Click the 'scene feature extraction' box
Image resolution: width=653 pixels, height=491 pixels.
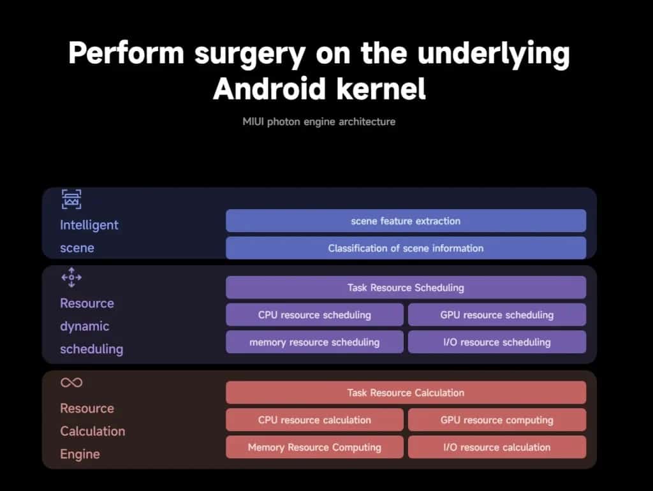[406, 221]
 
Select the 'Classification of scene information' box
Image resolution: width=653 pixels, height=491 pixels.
[406, 248]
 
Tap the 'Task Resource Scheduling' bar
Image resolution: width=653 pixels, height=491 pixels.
[406, 288]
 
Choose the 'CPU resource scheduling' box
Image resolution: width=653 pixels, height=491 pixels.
[314, 315]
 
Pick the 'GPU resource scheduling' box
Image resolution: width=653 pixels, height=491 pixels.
[497, 315]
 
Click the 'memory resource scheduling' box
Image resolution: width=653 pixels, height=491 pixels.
[314, 342]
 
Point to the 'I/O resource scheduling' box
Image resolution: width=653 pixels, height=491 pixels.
[497, 342]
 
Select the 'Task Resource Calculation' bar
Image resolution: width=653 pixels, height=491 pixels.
[406, 392]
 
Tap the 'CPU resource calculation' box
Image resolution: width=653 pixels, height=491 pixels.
[314, 420]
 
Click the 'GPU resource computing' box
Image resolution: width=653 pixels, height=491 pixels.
[497, 420]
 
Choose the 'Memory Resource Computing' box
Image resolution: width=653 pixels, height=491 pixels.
[314, 447]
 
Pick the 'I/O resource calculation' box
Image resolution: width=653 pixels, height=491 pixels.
[497, 447]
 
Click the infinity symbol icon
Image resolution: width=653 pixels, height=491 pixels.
[66, 383]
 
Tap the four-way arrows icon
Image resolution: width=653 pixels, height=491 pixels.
[71, 277]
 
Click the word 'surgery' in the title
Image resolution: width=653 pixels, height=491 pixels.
[250, 54]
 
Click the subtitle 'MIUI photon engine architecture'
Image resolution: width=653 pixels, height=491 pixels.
[319, 122]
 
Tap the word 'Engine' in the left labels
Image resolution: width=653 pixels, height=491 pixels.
[80, 454]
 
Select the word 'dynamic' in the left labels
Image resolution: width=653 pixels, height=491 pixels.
[85, 326]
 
